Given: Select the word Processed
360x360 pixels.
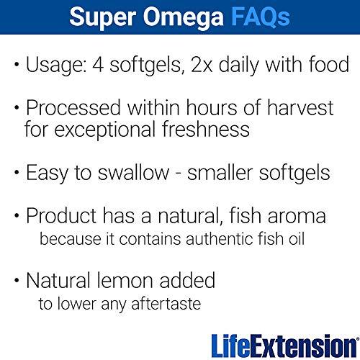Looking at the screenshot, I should (71, 109).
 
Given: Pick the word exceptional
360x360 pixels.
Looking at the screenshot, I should (112, 131).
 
